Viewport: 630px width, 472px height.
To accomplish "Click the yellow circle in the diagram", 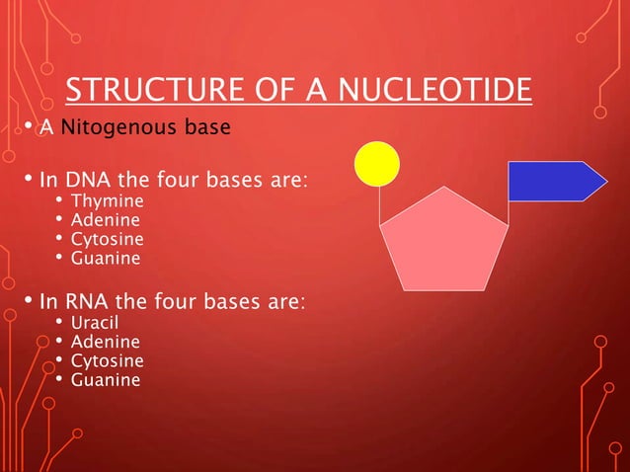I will [377, 163].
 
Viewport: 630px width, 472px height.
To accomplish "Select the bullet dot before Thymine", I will [59, 201].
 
